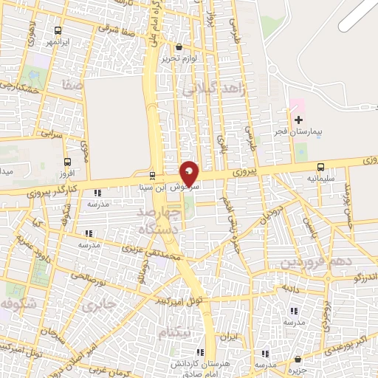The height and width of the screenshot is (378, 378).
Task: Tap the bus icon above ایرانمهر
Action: coord(58,31)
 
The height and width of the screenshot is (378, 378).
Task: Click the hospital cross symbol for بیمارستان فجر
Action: coord(298,119)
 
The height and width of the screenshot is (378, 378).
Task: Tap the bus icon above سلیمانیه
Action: coord(320,167)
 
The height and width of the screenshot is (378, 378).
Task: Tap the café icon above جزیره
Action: coord(296,359)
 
